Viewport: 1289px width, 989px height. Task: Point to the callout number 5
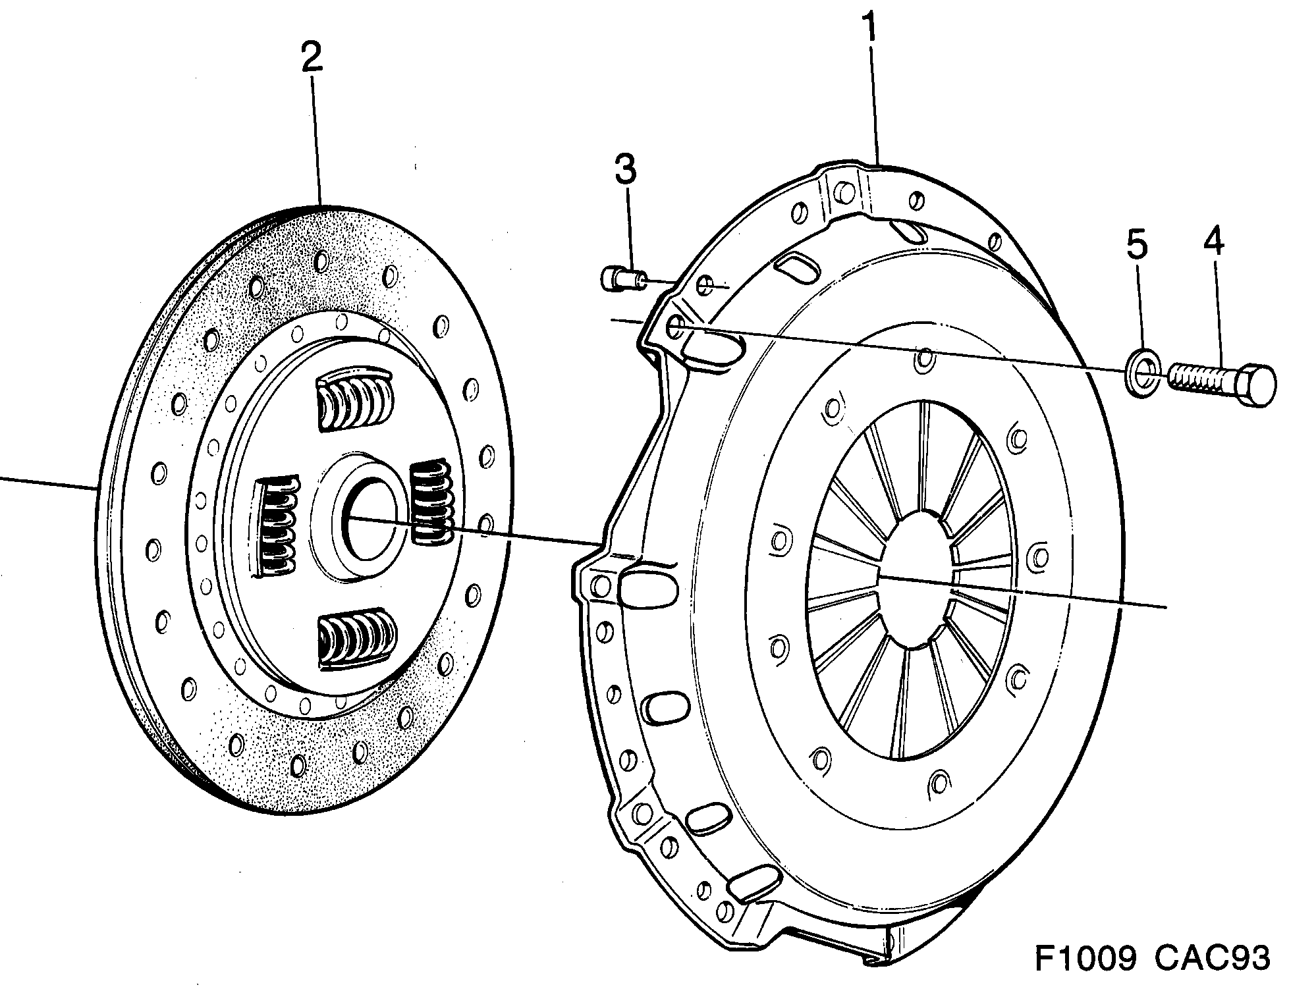1136,244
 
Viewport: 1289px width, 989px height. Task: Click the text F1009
1085,959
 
